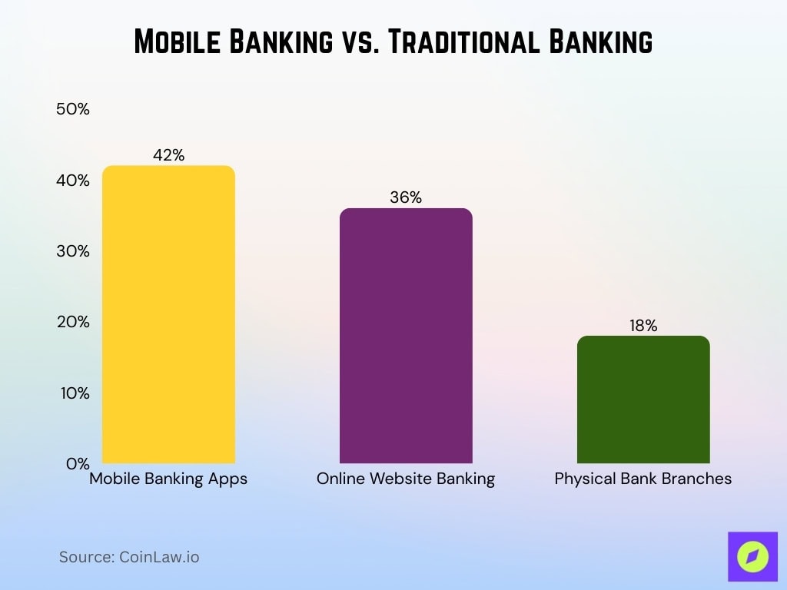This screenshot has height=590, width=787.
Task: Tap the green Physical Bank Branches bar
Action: coord(643,399)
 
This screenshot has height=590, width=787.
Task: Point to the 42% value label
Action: coord(168,155)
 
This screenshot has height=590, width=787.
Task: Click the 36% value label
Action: coord(406,197)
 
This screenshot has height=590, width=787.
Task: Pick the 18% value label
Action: coord(643,326)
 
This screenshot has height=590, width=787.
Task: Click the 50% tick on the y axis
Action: coord(73,109)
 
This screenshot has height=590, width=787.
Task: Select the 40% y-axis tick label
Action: coord(73,181)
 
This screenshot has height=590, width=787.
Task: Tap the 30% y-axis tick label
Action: coord(73,251)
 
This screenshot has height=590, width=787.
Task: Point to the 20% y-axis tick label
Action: coord(73,322)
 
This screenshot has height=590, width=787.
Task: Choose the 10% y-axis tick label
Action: coord(73,393)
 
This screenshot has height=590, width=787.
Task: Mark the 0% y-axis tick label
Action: coord(77,464)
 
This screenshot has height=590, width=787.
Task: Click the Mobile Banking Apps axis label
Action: coord(168,479)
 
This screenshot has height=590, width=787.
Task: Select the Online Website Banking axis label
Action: coord(406,479)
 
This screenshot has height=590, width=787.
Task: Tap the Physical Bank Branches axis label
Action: coord(643,479)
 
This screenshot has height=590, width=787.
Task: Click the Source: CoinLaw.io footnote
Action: coord(129,557)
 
